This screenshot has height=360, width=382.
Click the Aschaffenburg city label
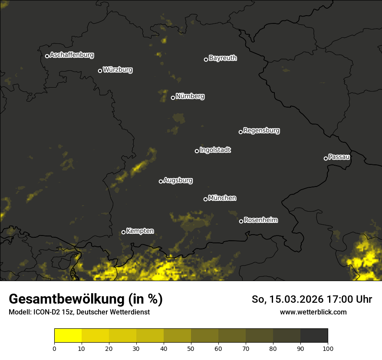pos(72,55)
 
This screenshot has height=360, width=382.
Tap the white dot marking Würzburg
pos(100,71)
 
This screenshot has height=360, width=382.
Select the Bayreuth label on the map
pos(223,58)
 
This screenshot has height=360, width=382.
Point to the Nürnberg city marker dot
pos(173,98)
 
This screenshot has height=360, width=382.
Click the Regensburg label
pos(261,131)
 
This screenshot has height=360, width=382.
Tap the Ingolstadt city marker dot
pos(197,151)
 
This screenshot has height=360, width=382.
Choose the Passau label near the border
pos(339,157)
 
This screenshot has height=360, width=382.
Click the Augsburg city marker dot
pos(161,181)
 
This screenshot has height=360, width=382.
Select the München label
pos(222,198)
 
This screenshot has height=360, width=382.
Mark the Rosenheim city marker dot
pos(241,221)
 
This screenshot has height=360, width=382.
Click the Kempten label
pos(140,231)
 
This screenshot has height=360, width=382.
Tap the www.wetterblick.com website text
pos(313,312)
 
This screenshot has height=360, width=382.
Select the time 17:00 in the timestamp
pos(342,299)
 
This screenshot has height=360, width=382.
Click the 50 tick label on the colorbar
pos(191,348)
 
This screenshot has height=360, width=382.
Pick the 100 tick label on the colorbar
pos(328,348)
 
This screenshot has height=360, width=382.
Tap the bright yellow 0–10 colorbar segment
pos(68,336)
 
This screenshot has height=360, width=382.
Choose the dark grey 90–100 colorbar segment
pos(314,336)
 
